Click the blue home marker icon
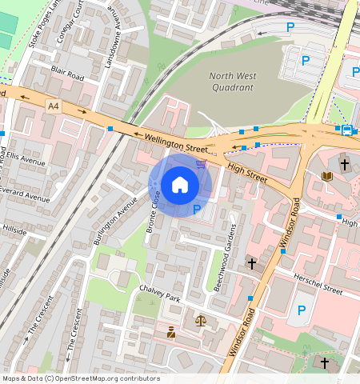tap(180, 185)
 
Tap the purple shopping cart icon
tap(201, 164)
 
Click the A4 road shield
tap(53, 106)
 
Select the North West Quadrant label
tap(231, 82)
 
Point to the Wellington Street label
tap(176, 144)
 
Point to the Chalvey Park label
tap(160, 293)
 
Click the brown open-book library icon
tap(326, 176)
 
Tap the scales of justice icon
tap(199, 321)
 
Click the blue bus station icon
tap(346, 130)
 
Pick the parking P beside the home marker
tap(197, 210)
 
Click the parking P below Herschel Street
tap(302, 310)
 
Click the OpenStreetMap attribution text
tap(80, 378)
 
